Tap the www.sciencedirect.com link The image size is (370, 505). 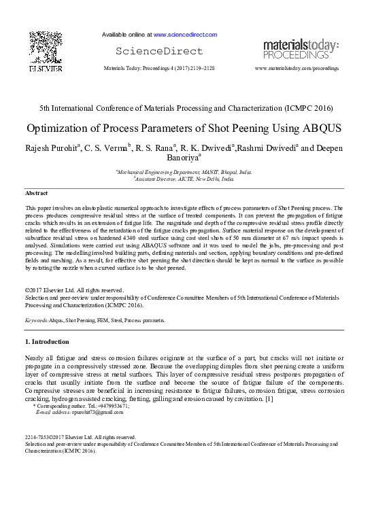[185, 35]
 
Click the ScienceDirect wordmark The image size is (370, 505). [159, 52]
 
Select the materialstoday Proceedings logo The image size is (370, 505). [300, 48]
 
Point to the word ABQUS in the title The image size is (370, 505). [316, 128]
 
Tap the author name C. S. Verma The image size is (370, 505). [107, 149]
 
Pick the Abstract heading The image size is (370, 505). [37, 194]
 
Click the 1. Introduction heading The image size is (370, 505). [46, 341]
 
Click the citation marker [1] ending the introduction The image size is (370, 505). [269, 398]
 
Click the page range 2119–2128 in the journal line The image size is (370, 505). [199, 69]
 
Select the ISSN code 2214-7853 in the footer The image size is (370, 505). [37, 436]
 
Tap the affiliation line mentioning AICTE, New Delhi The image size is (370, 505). [185, 180]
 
